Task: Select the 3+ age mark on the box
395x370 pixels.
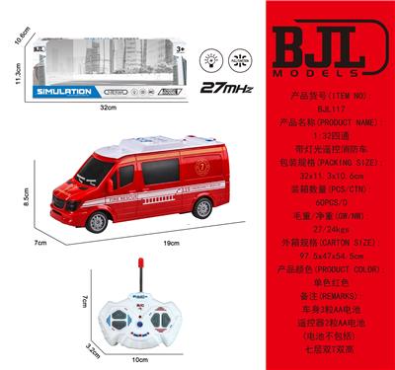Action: coord(180,47)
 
